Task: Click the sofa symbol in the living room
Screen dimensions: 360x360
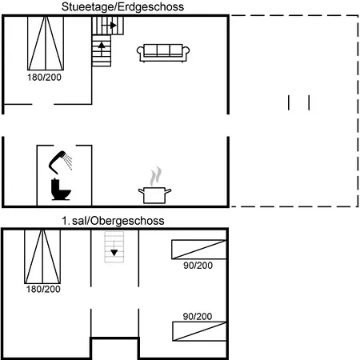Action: pyautogui.click(x=163, y=53)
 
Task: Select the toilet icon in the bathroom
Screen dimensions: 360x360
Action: pyautogui.click(x=61, y=190)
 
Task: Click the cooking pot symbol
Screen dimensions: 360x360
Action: pyautogui.click(x=154, y=195)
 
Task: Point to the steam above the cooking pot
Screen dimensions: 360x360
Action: pyautogui.click(x=156, y=176)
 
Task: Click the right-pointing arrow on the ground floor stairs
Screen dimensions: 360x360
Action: pyautogui.click(x=110, y=26)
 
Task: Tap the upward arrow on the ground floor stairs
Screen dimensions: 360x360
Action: pyautogui.click(x=102, y=49)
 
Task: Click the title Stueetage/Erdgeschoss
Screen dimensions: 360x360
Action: pyautogui.click(x=122, y=7)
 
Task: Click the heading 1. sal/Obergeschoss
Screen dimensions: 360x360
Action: pyautogui.click(x=113, y=221)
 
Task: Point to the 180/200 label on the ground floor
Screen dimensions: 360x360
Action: pyautogui.click(x=44, y=78)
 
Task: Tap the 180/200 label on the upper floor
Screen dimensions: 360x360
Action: pyautogui.click(x=43, y=289)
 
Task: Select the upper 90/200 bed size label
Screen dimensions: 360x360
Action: pyautogui.click(x=198, y=266)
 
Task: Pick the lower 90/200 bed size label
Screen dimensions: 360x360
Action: pyautogui.click(x=198, y=316)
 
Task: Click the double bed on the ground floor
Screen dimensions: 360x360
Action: pyautogui.click(x=46, y=43)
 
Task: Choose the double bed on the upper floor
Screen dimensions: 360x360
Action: pyautogui.click(x=42, y=257)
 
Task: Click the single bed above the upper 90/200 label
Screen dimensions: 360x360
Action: pyautogui.click(x=199, y=250)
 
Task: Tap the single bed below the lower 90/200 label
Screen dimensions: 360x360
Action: pyautogui.click(x=199, y=331)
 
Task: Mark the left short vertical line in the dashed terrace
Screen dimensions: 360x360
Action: pyautogui.click(x=289, y=102)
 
